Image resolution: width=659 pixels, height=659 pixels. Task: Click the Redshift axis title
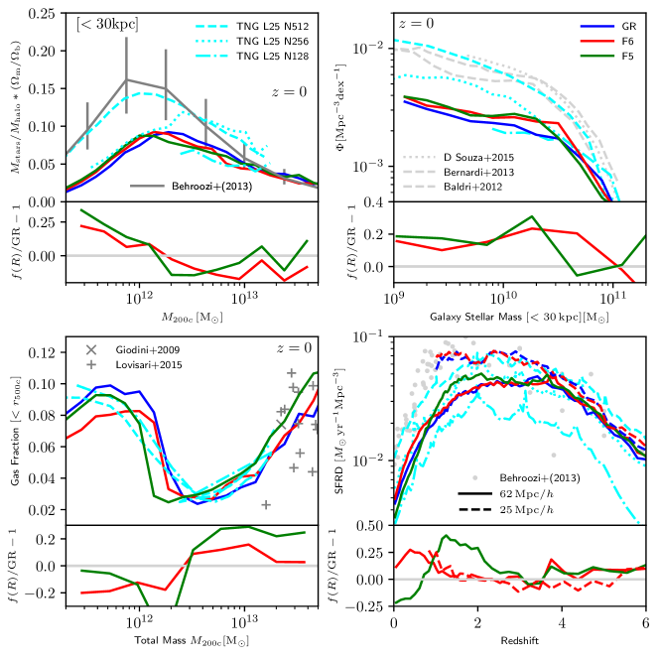coord(520,648)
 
